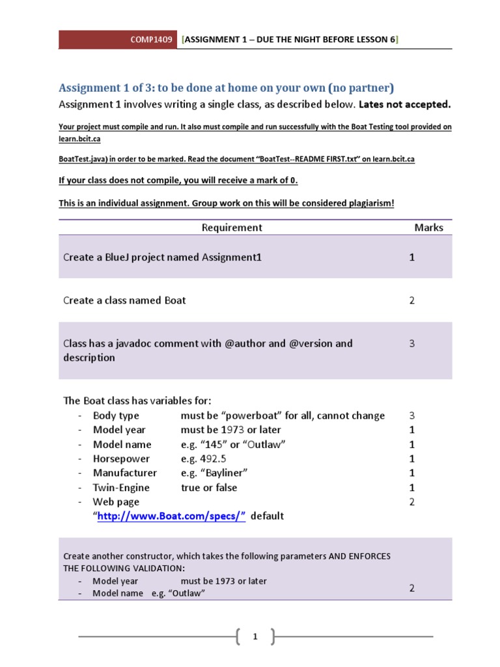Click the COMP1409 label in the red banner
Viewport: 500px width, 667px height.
click(x=151, y=40)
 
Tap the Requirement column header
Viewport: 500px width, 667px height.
click(x=232, y=227)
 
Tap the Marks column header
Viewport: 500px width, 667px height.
click(x=428, y=227)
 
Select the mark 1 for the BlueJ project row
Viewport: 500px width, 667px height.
click(x=411, y=257)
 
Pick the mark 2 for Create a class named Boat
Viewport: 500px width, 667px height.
click(x=411, y=300)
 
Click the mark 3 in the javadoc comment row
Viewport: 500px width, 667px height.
click(x=411, y=343)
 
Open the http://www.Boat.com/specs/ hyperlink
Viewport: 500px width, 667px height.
click(x=171, y=516)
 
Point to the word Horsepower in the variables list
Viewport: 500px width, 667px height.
click(x=121, y=459)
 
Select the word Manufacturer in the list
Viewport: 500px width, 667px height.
click(x=124, y=473)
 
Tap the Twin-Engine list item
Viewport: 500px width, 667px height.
click(x=121, y=487)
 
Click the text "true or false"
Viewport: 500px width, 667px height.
click(x=209, y=487)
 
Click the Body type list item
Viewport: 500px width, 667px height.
click(x=116, y=416)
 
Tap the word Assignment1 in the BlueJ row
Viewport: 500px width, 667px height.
click(x=232, y=257)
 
